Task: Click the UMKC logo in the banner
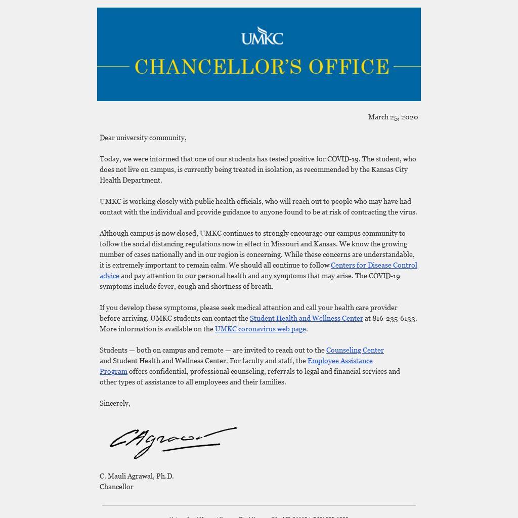(262, 36)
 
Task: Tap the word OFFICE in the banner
(349, 67)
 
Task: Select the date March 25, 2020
(393, 117)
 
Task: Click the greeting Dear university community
(143, 138)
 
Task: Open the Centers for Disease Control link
(374, 265)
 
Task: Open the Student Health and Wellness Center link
(306, 318)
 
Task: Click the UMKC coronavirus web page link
(260, 329)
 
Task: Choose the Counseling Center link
(355, 350)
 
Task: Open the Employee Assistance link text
(340, 361)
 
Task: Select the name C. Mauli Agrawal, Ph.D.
(137, 476)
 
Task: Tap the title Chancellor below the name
(116, 487)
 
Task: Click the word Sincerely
(114, 403)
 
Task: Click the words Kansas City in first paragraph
(389, 169)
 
